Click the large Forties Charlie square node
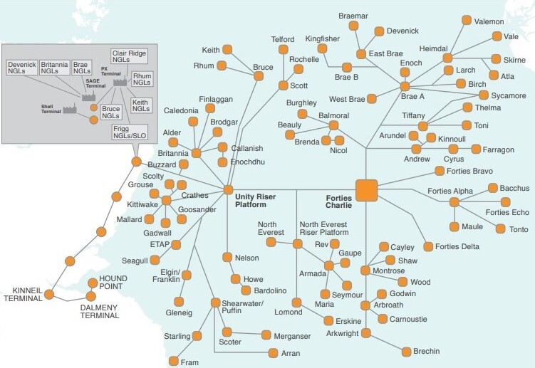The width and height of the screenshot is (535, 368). click(366, 190)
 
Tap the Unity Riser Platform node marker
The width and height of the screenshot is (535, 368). click(228, 190)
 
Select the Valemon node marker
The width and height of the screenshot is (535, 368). click(467, 20)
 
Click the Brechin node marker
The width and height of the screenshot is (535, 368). click(406, 352)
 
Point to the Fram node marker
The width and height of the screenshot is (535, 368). click(174, 361)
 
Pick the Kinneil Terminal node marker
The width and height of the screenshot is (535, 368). click(49, 295)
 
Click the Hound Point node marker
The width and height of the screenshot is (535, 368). click(93, 283)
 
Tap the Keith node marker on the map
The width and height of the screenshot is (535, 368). click(227, 49)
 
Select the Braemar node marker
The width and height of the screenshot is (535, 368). click(353, 26)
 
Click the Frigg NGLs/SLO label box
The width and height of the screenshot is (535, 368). click(130, 132)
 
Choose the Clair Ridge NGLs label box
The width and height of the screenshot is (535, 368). click(130, 56)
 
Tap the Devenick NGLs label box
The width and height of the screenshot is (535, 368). click(22, 68)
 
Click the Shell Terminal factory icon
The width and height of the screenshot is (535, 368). click(70, 108)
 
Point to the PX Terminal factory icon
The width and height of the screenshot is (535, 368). click(120, 81)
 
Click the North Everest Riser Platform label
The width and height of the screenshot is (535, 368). click(324, 228)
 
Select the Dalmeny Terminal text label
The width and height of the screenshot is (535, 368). click(100, 312)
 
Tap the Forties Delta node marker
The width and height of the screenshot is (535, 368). click(428, 246)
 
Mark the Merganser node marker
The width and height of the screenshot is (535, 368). click(266, 335)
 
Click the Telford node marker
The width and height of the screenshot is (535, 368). click(284, 49)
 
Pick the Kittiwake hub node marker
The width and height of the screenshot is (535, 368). click(166, 200)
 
